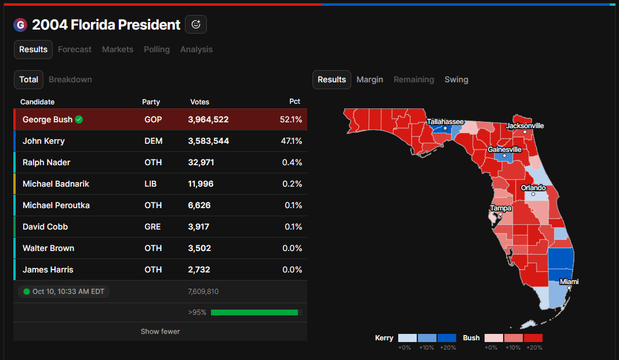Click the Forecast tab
tap(75, 49)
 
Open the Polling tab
tap(156, 49)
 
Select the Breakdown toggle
tap(70, 79)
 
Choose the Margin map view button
tap(370, 79)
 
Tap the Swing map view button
tap(456, 79)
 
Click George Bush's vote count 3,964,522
tap(208, 119)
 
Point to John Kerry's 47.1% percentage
tap(292, 141)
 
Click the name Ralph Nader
tap(46, 162)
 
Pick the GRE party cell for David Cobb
tap(152, 227)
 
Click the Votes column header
tap(200, 102)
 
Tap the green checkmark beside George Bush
tap(79, 119)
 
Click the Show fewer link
tap(160, 332)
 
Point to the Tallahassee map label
tap(445, 122)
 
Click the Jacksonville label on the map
tap(525, 126)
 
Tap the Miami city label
tap(569, 282)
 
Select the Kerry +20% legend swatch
tap(447, 338)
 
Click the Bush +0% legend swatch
tap(493, 338)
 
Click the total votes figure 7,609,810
tap(203, 292)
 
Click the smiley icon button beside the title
tap(196, 24)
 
